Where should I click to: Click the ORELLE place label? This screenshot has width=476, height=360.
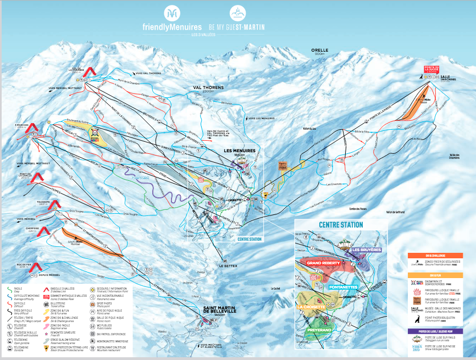click(x=319, y=50)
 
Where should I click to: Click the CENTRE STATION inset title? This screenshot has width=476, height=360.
click(x=340, y=225)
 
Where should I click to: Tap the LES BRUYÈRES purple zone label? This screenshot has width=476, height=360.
click(x=366, y=250)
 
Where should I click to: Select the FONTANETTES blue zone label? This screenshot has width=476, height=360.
click(x=345, y=287)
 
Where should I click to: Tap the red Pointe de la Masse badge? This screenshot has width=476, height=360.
click(x=431, y=69)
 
